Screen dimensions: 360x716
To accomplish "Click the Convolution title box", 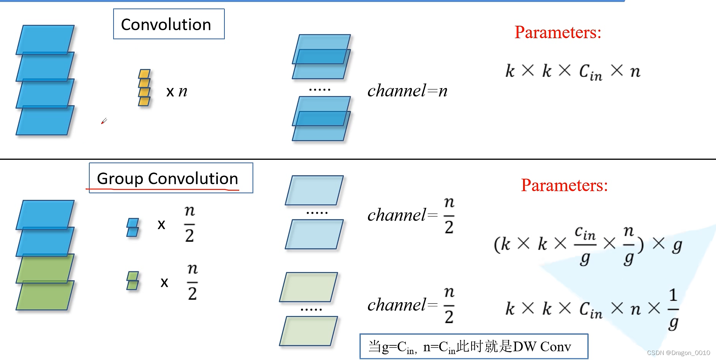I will (x=169, y=24).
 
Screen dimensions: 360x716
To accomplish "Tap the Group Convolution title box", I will (x=171, y=178).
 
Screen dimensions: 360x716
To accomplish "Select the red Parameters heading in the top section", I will (x=558, y=32).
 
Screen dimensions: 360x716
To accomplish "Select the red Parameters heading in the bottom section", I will (x=564, y=185).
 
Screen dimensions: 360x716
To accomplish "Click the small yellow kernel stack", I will (x=144, y=87).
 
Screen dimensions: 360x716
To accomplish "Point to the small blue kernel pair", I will (x=133, y=228).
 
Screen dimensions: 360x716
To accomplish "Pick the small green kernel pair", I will (x=133, y=280).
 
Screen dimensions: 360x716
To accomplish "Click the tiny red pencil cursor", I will (x=104, y=121).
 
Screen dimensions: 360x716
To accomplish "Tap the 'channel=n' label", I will (x=407, y=91).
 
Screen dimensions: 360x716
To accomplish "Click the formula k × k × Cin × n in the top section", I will (x=573, y=72).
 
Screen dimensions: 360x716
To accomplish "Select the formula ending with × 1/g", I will (x=592, y=309).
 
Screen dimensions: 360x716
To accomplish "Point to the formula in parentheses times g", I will (x=588, y=245).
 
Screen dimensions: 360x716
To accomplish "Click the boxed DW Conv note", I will (x=473, y=346).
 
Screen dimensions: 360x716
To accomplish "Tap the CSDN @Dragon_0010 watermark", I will (x=678, y=353).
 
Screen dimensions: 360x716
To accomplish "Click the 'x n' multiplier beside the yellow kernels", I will (x=177, y=91).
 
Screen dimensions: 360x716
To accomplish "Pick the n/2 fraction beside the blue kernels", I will (x=189, y=224).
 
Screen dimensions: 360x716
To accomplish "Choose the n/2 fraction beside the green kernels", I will (x=192, y=282).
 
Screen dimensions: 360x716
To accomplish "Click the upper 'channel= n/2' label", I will (x=411, y=215).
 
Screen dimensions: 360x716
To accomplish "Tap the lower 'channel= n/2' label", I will (x=411, y=305).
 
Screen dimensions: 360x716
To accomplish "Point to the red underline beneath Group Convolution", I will (x=162, y=190).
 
